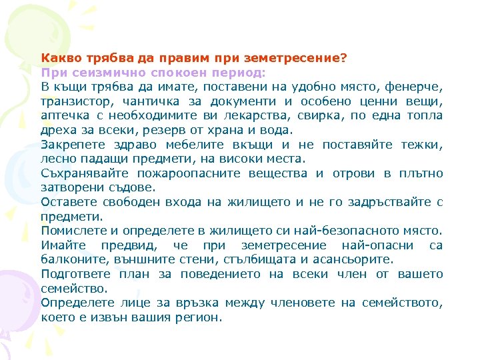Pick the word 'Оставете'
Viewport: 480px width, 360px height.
coord(67,202)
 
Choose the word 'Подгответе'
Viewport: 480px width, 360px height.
coord(73,274)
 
